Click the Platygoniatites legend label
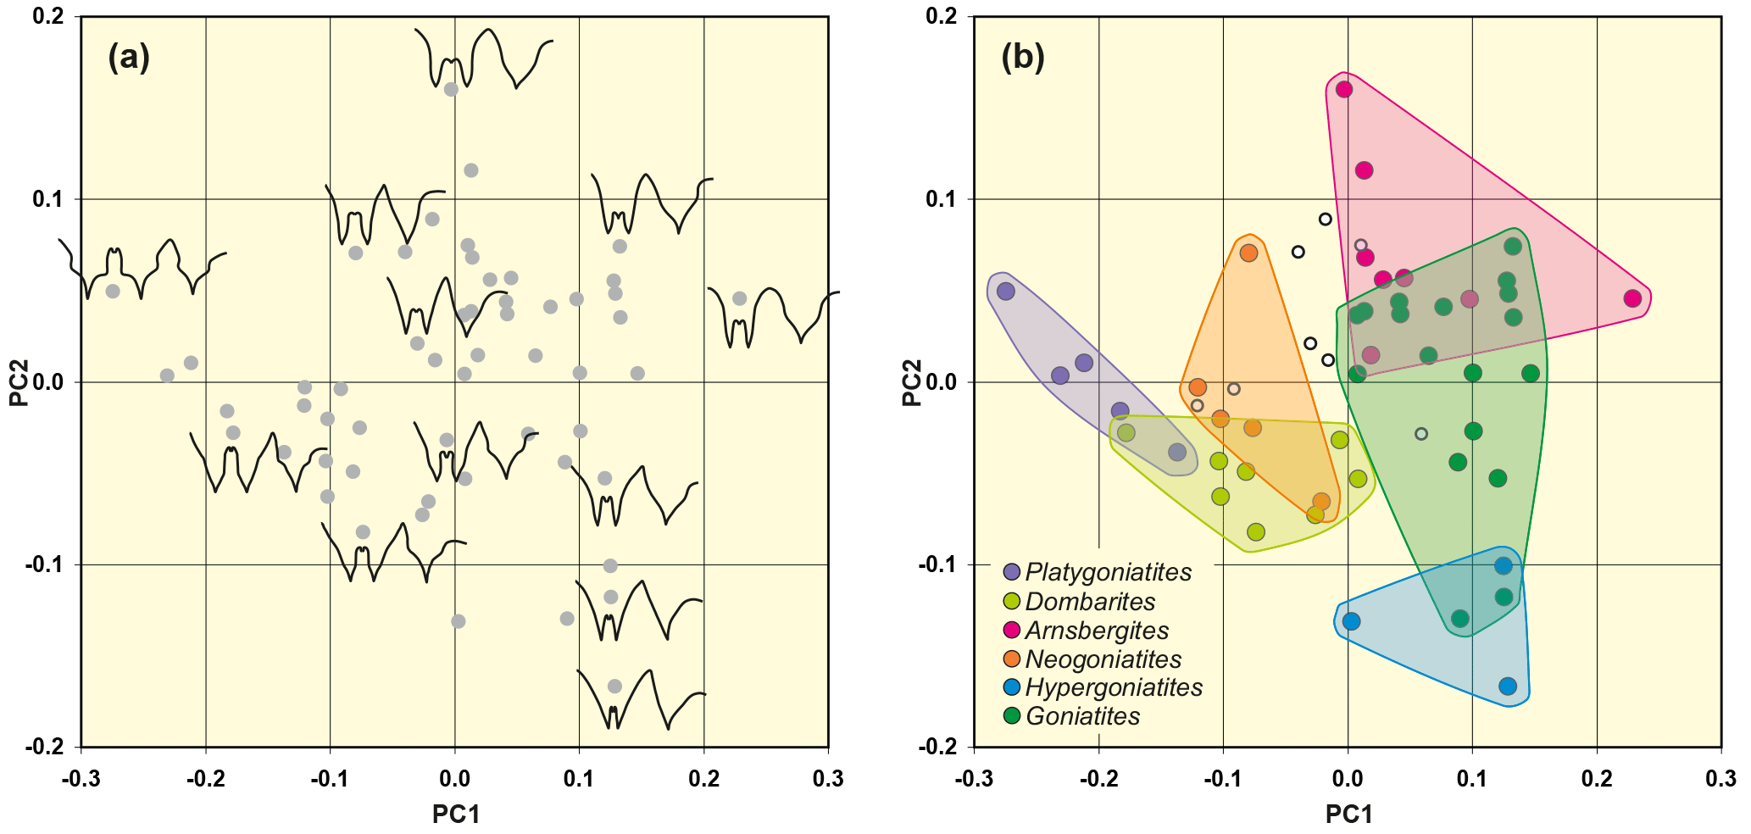[x=1108, y=572]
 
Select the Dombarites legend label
[x=1090, y=602]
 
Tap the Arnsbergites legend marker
[x=1011, y=630]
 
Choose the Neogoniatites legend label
[x=1103, y=659]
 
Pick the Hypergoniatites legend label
[x=1114, y=687]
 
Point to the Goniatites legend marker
[x=1011, y=716]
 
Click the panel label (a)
[x=129, y=57]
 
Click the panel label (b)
[x=1022, y=57]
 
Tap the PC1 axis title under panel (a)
[x=456, y=814]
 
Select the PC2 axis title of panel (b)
[x=912, y=382]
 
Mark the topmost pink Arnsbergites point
[x=1344, y=90]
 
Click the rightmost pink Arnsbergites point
[x=1633, y=298]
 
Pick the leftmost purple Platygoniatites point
[x=1006, y=292]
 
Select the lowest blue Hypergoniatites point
[x=1508, y=687]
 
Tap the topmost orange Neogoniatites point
[x=1248, y=253]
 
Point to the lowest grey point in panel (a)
[x=615, y=687]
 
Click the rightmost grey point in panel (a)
[x=739, y=298]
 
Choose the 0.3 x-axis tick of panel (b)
[x=1720, y=778]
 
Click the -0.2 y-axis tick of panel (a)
[x=46, y=747]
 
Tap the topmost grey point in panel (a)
[x=451, y=90]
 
